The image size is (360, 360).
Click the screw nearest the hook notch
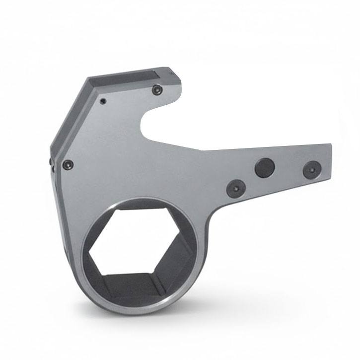pyautogui.click(x=157, y=90)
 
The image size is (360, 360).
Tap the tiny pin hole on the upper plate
pyautogui.click(x=102, y=101)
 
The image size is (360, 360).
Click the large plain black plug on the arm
pyautogui.click(x=265, y=168)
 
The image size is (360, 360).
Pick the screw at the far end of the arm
pyautogui.click(x=309, y=169)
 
